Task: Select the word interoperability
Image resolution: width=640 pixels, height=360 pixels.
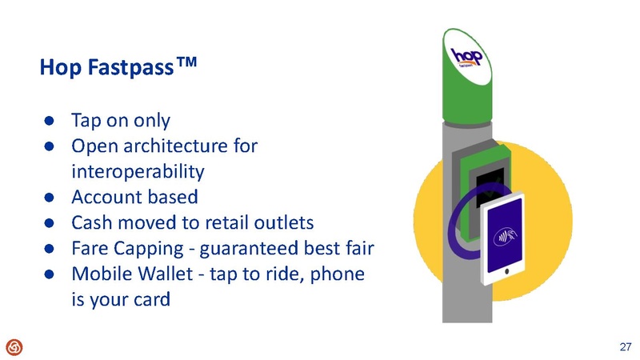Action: (138, 171)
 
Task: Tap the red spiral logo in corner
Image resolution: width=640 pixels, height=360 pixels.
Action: (14, 346)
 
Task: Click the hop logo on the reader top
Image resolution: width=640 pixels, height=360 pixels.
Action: (470, 59)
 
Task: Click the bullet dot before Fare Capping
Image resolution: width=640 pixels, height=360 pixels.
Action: (48, 248)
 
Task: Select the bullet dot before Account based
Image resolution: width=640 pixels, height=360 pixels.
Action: (48, 197)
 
